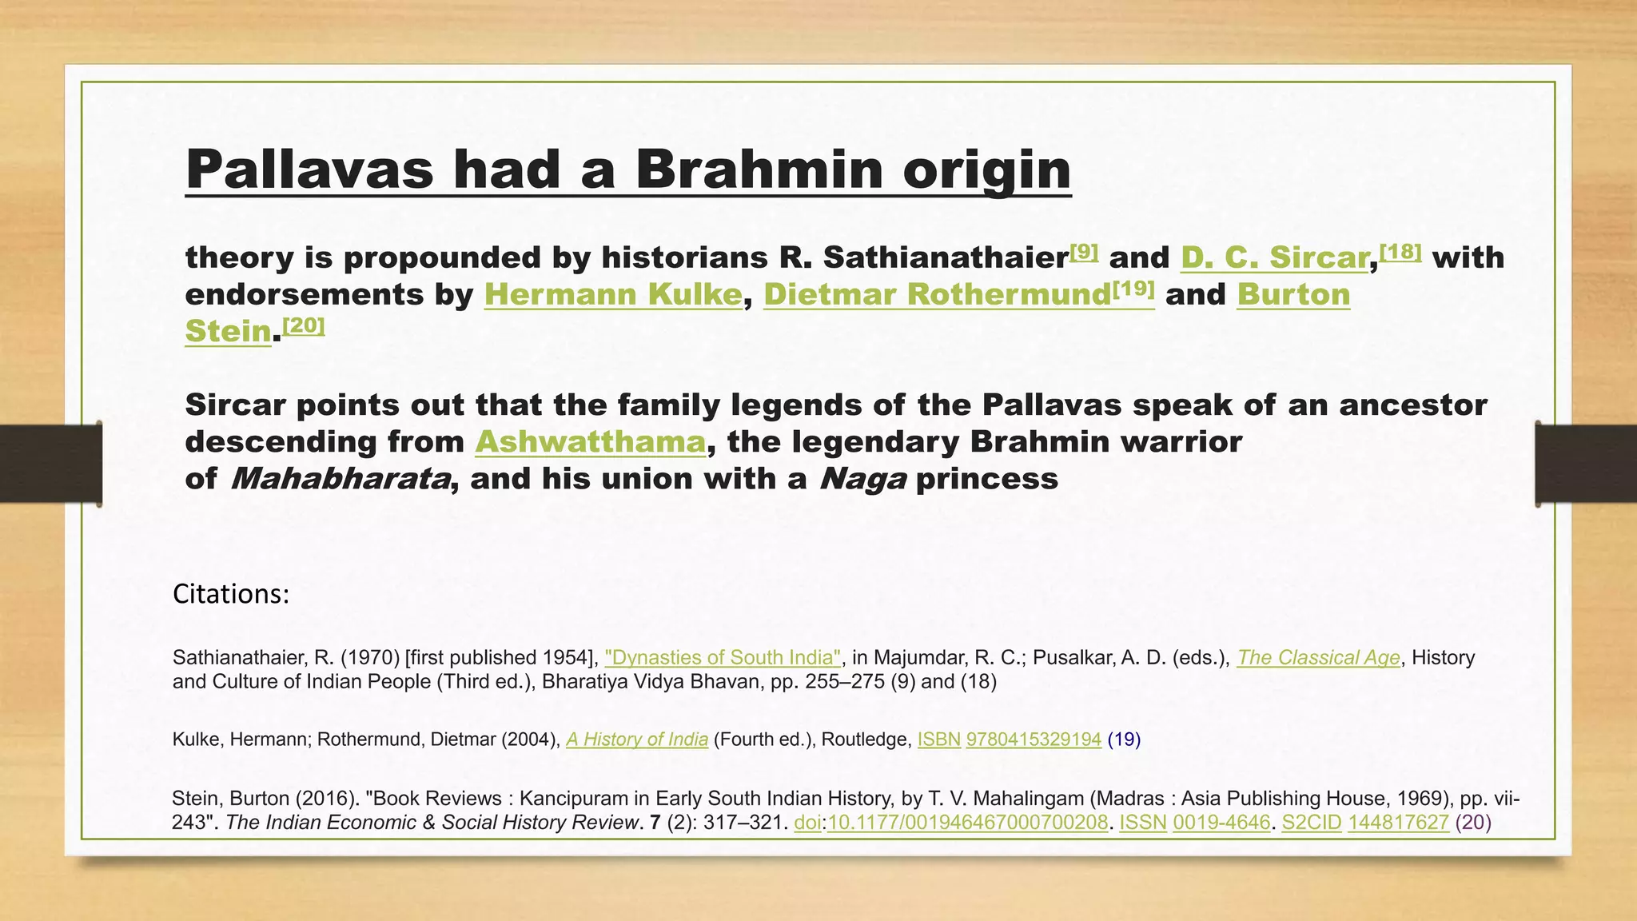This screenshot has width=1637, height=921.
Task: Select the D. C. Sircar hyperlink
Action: coord(1274,258)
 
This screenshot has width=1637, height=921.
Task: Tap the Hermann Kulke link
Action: coord(613,295)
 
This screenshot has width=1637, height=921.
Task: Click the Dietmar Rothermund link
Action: coord(937,295)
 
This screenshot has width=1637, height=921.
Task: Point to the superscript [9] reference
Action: coord(1084,252)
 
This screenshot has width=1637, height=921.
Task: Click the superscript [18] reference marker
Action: coord(1400,252)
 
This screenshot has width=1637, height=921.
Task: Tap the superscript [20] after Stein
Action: coord(304,325)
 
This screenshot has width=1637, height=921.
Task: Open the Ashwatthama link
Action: coord(591,442)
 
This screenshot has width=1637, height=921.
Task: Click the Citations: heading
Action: coord(230,594)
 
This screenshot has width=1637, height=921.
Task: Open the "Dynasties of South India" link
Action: coord(723,658)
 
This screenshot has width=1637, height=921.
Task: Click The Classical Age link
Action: coord(1318,658)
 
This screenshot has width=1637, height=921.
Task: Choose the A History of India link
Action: coord(637,740)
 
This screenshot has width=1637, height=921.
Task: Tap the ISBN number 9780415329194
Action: coord(1034,740)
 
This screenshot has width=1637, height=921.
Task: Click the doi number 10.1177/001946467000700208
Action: coord(967,823)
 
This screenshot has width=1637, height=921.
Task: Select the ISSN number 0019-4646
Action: coord(1221,823)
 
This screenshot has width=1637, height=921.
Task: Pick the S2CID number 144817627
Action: coord(1398,823)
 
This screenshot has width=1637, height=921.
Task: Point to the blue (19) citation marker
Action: coord(1124,740)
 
